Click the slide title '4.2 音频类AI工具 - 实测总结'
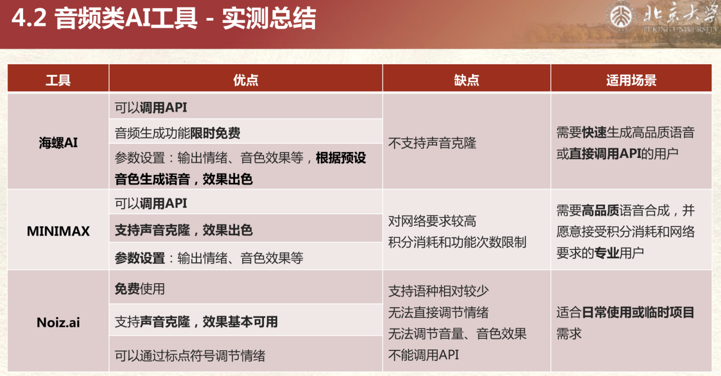pos(163,19)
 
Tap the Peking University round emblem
pos(621,17)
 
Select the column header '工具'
pos(58,80)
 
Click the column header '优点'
pos(245,80)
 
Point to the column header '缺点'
pos(466,80)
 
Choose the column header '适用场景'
pos(631,80)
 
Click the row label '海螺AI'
pos(58,143)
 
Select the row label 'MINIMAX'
pos(58,231)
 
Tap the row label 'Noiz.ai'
pos(58,322)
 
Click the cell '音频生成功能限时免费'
pos(178,133)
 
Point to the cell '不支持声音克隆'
pos(432,143)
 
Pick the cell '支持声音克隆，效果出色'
pos(183,230)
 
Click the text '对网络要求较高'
pos(432,221)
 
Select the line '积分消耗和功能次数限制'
pos(457,242)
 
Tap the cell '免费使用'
pos(140,289)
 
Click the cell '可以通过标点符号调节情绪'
pos(190,356)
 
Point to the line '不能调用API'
pos(423,355)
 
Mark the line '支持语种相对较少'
pos(438,291)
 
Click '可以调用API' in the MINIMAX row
pos(151,203)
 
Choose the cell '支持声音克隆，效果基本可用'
pos(196,322)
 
